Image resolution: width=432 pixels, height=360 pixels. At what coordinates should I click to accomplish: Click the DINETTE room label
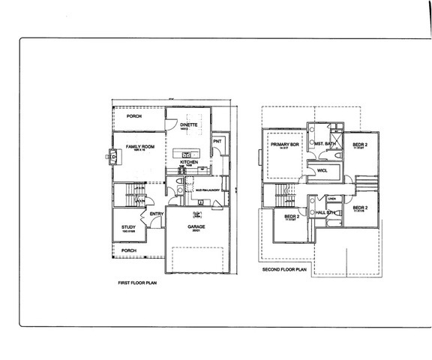tap(189, 124)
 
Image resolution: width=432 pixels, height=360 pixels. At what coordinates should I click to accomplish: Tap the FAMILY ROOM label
tap(139, 147)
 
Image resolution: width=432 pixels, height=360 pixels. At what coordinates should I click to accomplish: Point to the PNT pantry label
tap(217, 141)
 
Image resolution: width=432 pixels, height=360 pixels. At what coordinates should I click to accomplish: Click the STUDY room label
tap(127, 229)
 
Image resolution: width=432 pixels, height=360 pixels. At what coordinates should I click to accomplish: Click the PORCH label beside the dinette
tap(134, 116)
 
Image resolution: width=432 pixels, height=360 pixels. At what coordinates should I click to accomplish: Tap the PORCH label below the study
tap(128, 250)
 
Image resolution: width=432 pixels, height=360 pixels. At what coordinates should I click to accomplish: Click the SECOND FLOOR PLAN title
tap(285, 268)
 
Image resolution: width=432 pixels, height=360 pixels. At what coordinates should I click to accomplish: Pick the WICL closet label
tap(322, 170)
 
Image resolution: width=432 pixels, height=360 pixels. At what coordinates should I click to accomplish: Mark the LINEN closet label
tap(331, 199)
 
